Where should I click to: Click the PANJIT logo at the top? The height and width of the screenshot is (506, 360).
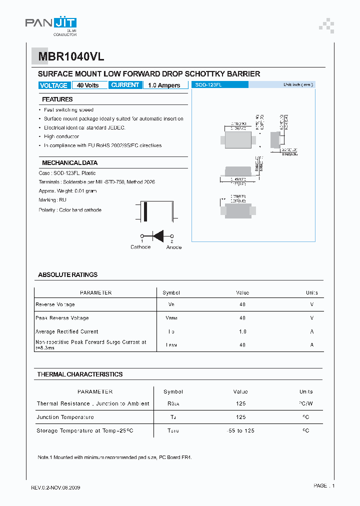coord(51,23)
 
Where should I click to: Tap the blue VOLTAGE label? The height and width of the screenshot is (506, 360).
coord(53,85)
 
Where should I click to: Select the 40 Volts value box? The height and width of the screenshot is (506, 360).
coord(88,85)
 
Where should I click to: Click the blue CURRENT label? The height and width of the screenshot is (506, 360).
coord(125,85)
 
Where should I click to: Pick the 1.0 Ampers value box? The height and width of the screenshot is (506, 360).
coord(164,85)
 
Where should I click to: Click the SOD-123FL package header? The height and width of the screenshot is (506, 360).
coord(220,85)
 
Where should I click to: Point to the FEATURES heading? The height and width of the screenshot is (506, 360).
coord(57,99)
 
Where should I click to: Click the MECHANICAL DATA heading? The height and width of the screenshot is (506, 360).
coord(69,163)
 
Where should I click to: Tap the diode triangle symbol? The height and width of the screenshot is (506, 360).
coord(158,236)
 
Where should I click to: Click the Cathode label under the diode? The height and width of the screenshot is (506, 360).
coord(140,247)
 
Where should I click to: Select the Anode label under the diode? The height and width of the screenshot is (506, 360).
coord(173,247)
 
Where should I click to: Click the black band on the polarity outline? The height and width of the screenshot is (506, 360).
coord(145,211)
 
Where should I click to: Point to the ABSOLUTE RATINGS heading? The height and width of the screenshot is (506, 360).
coord(67,275)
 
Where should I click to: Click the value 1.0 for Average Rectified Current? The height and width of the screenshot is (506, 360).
coord(242,331)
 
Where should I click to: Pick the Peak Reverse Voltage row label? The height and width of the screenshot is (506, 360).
coord(62,318)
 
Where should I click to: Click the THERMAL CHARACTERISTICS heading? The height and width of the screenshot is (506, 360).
coord(79,374)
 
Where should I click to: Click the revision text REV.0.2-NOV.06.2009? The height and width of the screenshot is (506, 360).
coord(55,487)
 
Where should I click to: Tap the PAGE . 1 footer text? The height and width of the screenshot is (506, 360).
coord(324,485)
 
